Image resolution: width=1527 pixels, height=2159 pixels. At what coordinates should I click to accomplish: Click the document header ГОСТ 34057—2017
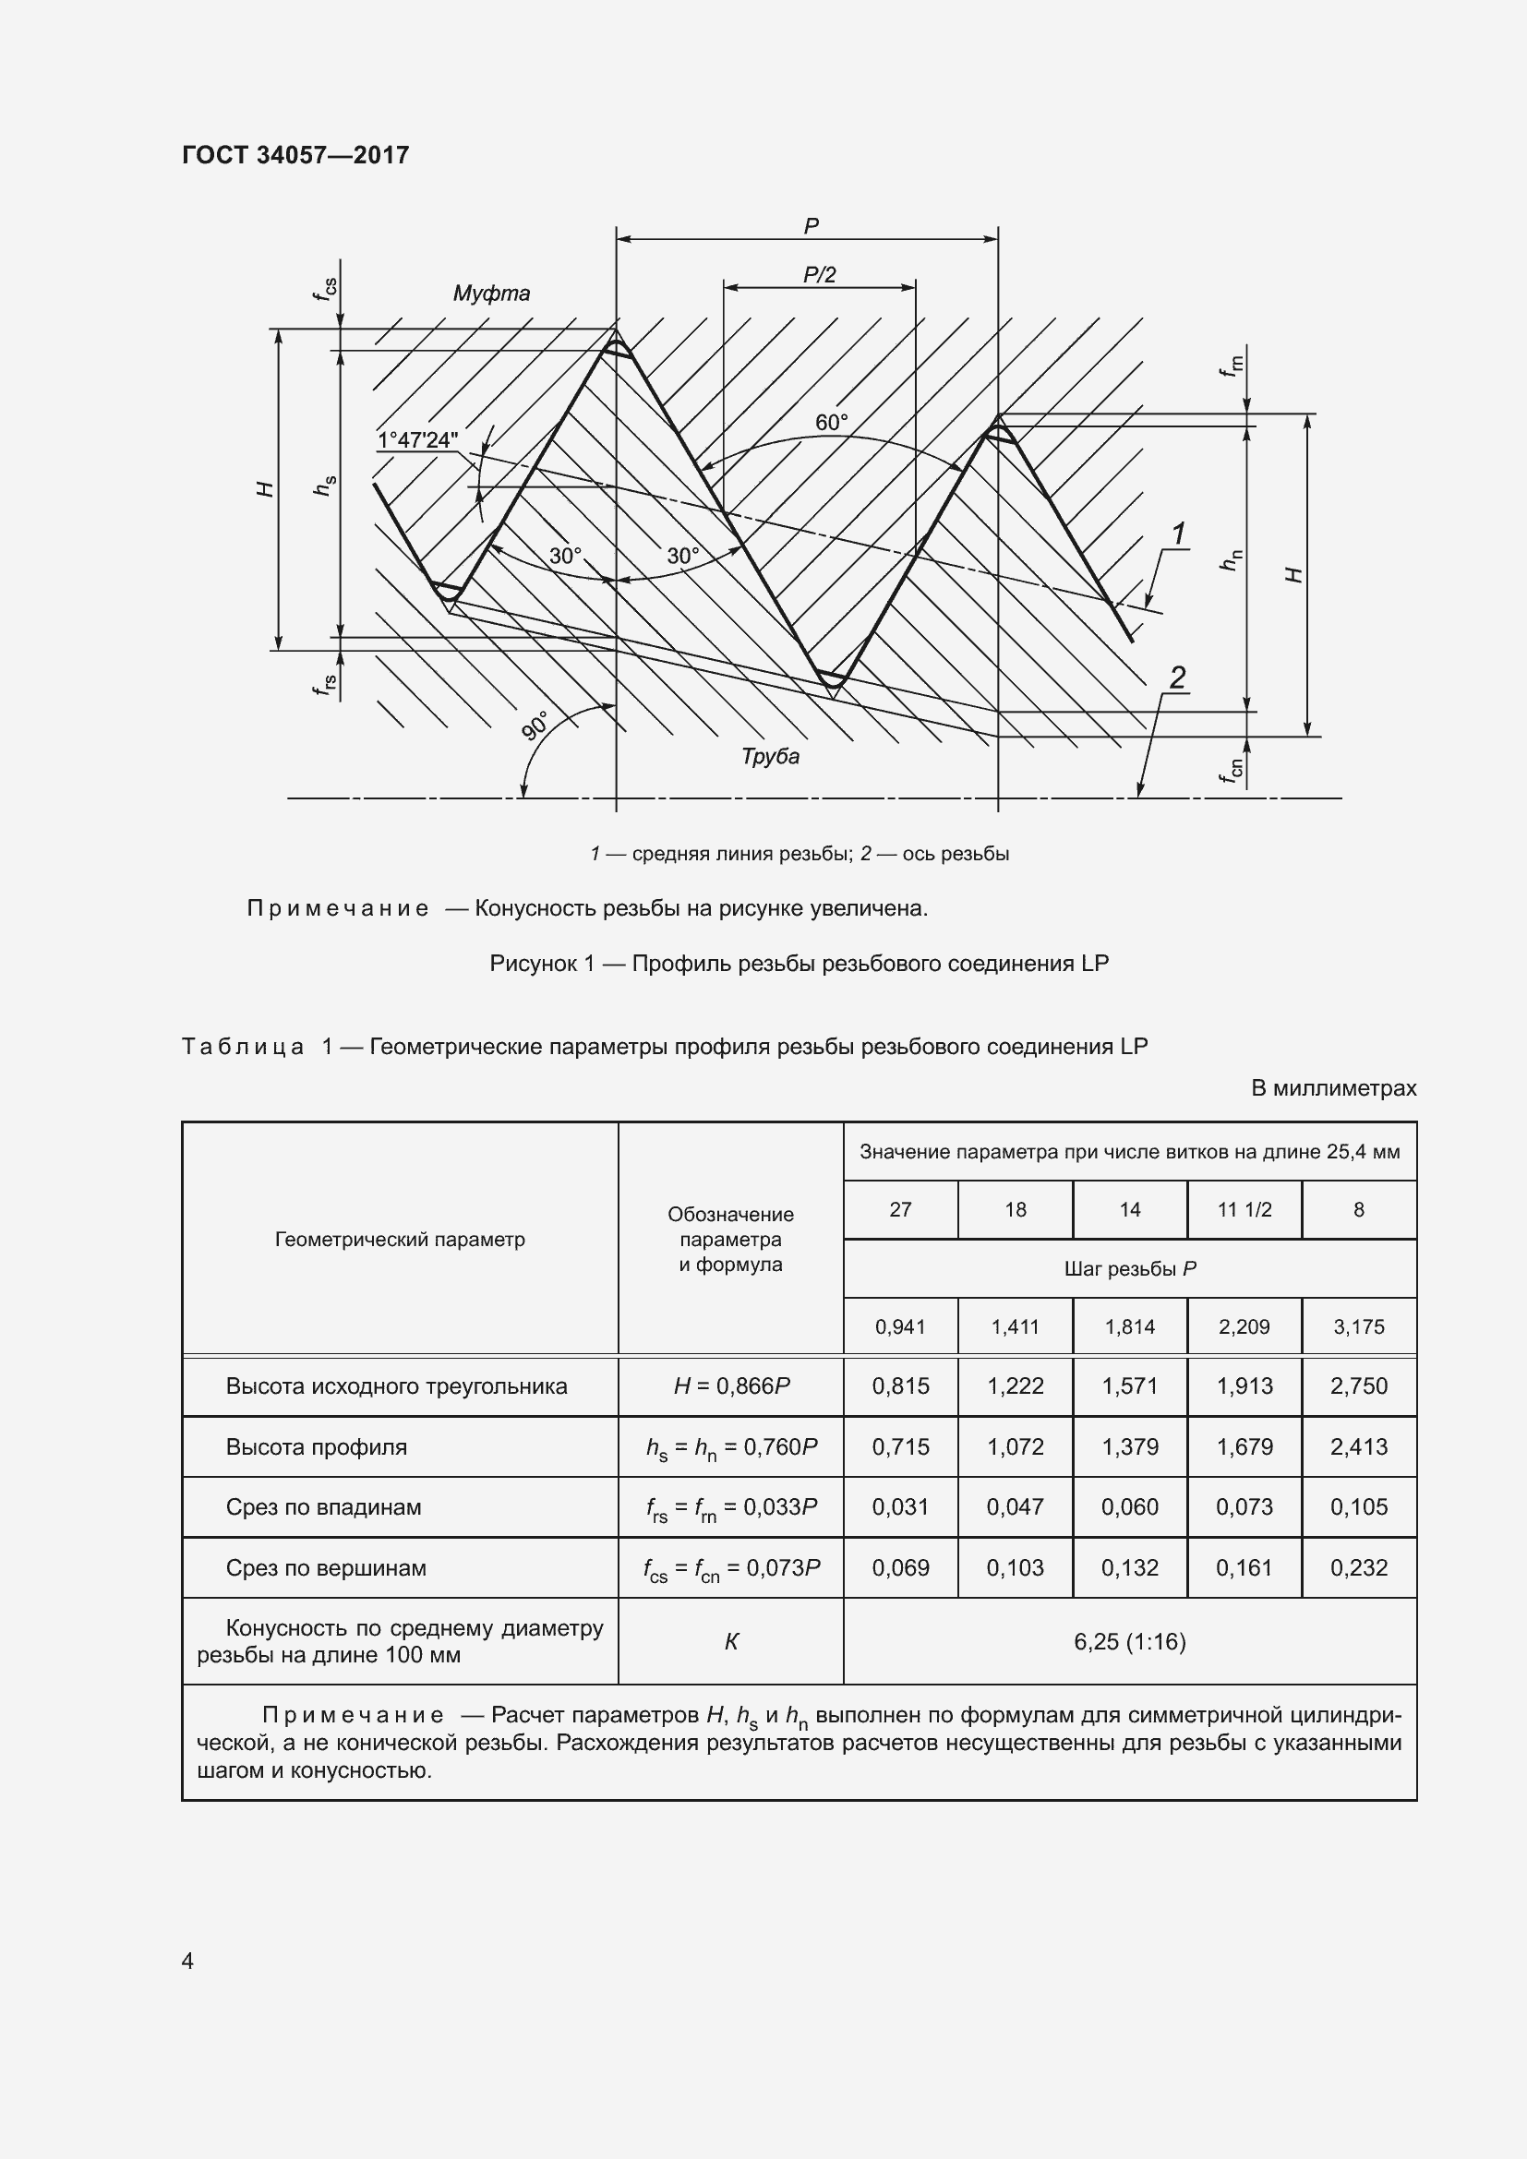(295, 155)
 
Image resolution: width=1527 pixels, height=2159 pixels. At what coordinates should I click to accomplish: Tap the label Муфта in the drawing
(491, 294)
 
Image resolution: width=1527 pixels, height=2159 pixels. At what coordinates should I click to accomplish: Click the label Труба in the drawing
(769, 756)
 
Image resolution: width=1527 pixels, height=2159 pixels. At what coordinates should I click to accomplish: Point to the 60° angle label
(831, 423)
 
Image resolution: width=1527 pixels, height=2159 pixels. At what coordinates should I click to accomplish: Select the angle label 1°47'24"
(417, 440)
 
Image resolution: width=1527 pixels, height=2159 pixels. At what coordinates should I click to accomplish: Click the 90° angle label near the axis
(536, 726)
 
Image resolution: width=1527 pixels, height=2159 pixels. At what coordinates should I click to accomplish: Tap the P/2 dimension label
(819, 274)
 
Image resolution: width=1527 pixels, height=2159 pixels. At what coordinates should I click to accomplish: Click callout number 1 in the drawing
(1177, 534)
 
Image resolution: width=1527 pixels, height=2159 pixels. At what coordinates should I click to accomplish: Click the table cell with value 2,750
(1358, 1385)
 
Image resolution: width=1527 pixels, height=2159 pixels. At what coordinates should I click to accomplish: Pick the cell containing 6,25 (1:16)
(1129, 1641)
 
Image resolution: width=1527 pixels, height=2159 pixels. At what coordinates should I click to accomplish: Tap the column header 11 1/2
(1244, 1209)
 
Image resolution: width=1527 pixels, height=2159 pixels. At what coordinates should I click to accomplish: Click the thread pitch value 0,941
(900, 1326)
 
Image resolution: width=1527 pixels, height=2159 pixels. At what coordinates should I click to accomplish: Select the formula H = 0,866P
(730, 1385)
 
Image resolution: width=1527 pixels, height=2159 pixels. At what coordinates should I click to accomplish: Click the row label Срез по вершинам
(325, 1567)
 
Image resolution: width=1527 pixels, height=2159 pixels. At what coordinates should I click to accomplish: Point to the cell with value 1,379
(1129, 1446)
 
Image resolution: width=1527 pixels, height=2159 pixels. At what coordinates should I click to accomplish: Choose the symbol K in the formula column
(730, 1642)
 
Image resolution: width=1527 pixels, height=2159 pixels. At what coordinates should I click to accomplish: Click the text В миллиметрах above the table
(1332, 1088)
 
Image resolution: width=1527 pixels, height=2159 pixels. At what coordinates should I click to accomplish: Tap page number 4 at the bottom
(187, 1960)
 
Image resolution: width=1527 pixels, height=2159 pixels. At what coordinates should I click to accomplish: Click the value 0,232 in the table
(1358, 1567)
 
